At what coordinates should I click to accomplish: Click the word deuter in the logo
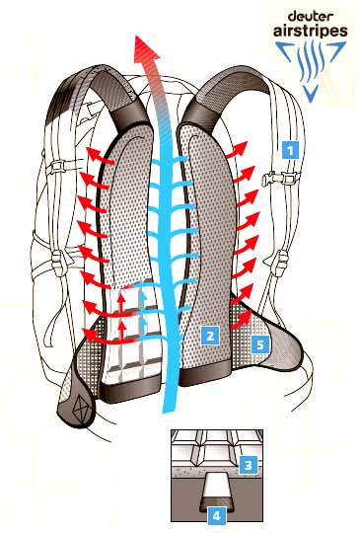[x=306, y=16]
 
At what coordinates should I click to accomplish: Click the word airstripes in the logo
[x=311, y=31]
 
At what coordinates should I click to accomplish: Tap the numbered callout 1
[x=290, y=149]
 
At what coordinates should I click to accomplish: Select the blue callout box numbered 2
[x=210, y=336]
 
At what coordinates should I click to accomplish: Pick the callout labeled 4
[x=217, y=515]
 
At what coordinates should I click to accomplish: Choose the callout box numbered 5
[x=259, y=344]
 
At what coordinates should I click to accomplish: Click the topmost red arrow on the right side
[x=236, y=150]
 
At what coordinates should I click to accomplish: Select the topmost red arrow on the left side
[x=100, y=156]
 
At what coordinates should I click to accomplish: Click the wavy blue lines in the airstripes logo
[x=311, y=62]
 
